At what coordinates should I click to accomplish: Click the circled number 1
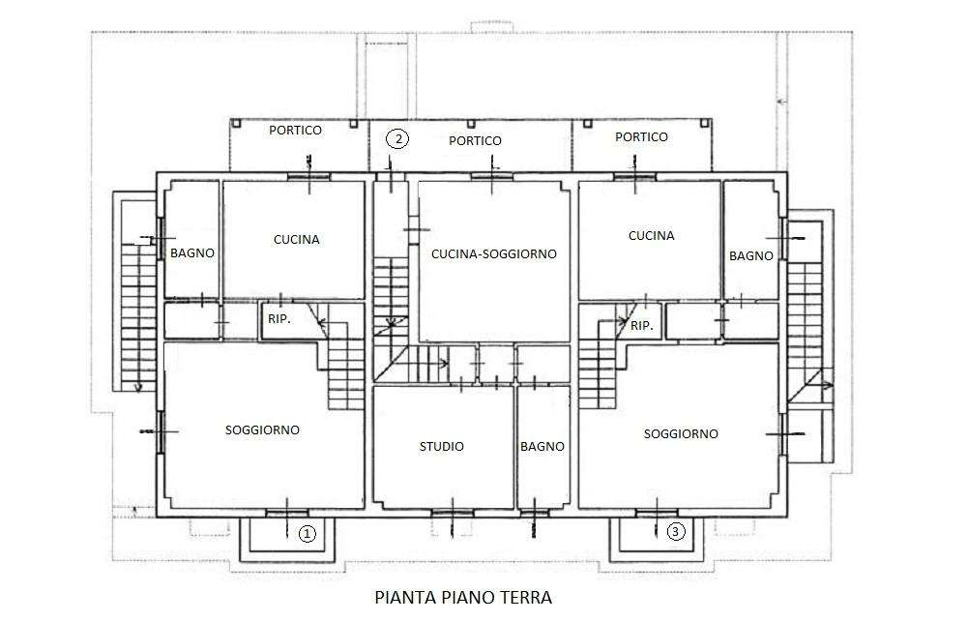(x=308, y=534)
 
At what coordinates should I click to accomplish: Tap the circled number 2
(x=397, y=139)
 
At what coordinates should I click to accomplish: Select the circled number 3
(x=676, y=531)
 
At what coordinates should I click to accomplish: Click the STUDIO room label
(x=442, y=446)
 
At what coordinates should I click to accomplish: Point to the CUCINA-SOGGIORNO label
(x=494, y=253)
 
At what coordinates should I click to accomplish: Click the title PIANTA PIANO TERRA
(x=463, y=597)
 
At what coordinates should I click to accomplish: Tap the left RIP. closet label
(x=279, y=319)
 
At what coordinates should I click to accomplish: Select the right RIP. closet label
(x=641, y=325)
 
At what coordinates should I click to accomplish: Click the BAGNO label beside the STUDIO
(x=542, y=446)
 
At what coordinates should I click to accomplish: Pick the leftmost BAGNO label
(x=192, y=253)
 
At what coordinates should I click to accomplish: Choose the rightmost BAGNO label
(x=751, y=255)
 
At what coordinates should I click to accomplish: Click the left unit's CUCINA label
(x=297, y=240)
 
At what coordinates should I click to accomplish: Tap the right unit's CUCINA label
(x=651, y=235)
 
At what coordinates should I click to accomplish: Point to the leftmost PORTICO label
(x=295, y=131)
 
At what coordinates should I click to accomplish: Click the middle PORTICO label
(x=475, y=140)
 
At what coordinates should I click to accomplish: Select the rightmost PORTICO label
(x=641, y=137)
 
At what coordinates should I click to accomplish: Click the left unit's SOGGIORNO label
(x=262, y=430)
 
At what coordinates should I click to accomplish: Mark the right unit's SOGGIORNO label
(x=681, y=433)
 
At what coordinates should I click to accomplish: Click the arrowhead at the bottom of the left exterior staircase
(x=137, y=387)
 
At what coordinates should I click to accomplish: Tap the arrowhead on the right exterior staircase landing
(x=829, y=385)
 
